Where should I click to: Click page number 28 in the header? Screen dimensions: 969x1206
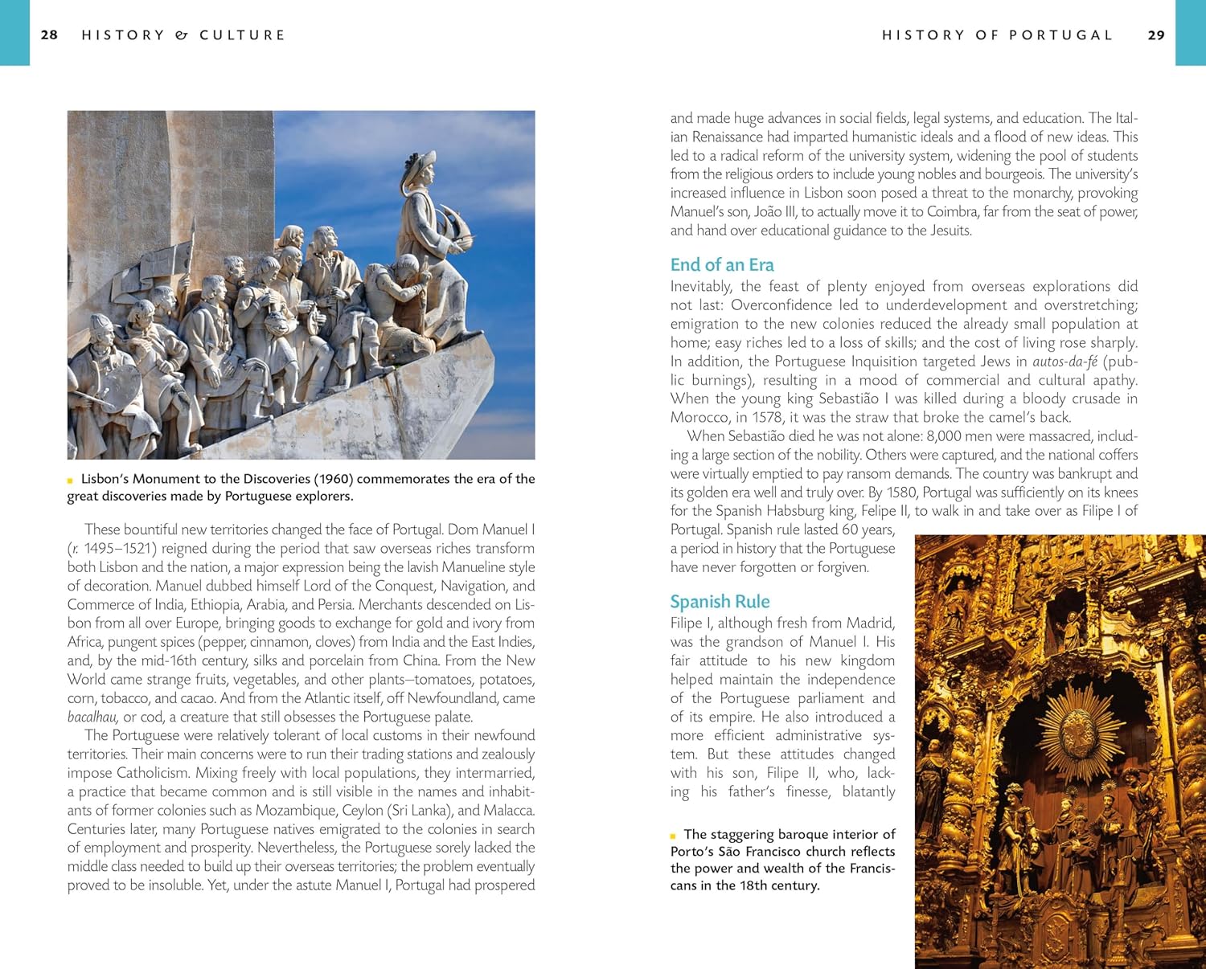[49, 35]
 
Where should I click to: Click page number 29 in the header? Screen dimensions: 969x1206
[1156, 35]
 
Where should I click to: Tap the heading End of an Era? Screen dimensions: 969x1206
[722, 265]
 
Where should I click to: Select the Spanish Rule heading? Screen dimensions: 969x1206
[720, 602]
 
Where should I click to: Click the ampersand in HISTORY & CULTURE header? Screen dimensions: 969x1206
[182, 35]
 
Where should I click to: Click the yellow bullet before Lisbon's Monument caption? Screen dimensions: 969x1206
[71, 480]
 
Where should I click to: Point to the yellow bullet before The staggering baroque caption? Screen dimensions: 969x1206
[674, 836]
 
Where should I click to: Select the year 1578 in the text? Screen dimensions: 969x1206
[768, 418]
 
